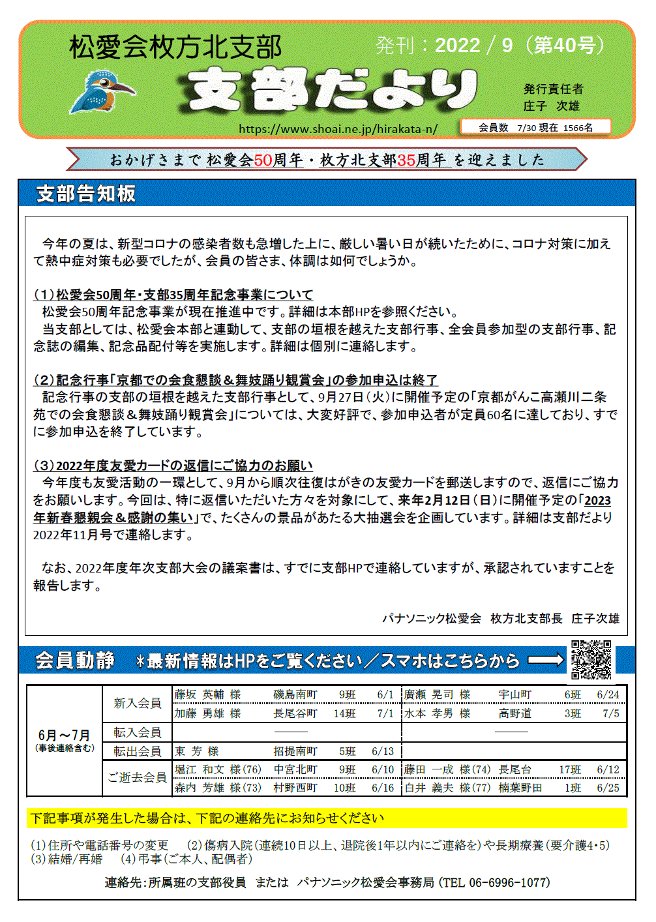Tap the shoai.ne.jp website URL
(338, 128)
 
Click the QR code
(591, 660)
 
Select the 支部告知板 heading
(86, 194)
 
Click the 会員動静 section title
(75, 661)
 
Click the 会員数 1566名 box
(535, 127)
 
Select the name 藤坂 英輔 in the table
(199, 694)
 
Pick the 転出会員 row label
(137, 751)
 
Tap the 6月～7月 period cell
(64, 739)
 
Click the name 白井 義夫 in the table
(428, 788)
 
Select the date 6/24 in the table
(608, 694)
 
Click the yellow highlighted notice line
(326, 818)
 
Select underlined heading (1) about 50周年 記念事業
(173, 295)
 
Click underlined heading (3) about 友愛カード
(173, 466)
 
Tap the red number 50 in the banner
(263, 160)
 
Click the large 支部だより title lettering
(329, 89)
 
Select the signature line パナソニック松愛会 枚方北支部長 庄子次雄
(500, 618)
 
